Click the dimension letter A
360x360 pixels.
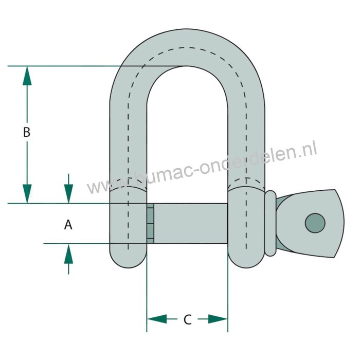click(67, 225)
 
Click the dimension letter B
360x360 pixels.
click(27, 132)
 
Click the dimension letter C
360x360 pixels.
click(187, 320)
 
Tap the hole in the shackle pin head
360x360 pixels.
click(315, 223)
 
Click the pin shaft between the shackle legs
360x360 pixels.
click(190, 223)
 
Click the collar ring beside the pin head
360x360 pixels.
click(271, 223)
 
